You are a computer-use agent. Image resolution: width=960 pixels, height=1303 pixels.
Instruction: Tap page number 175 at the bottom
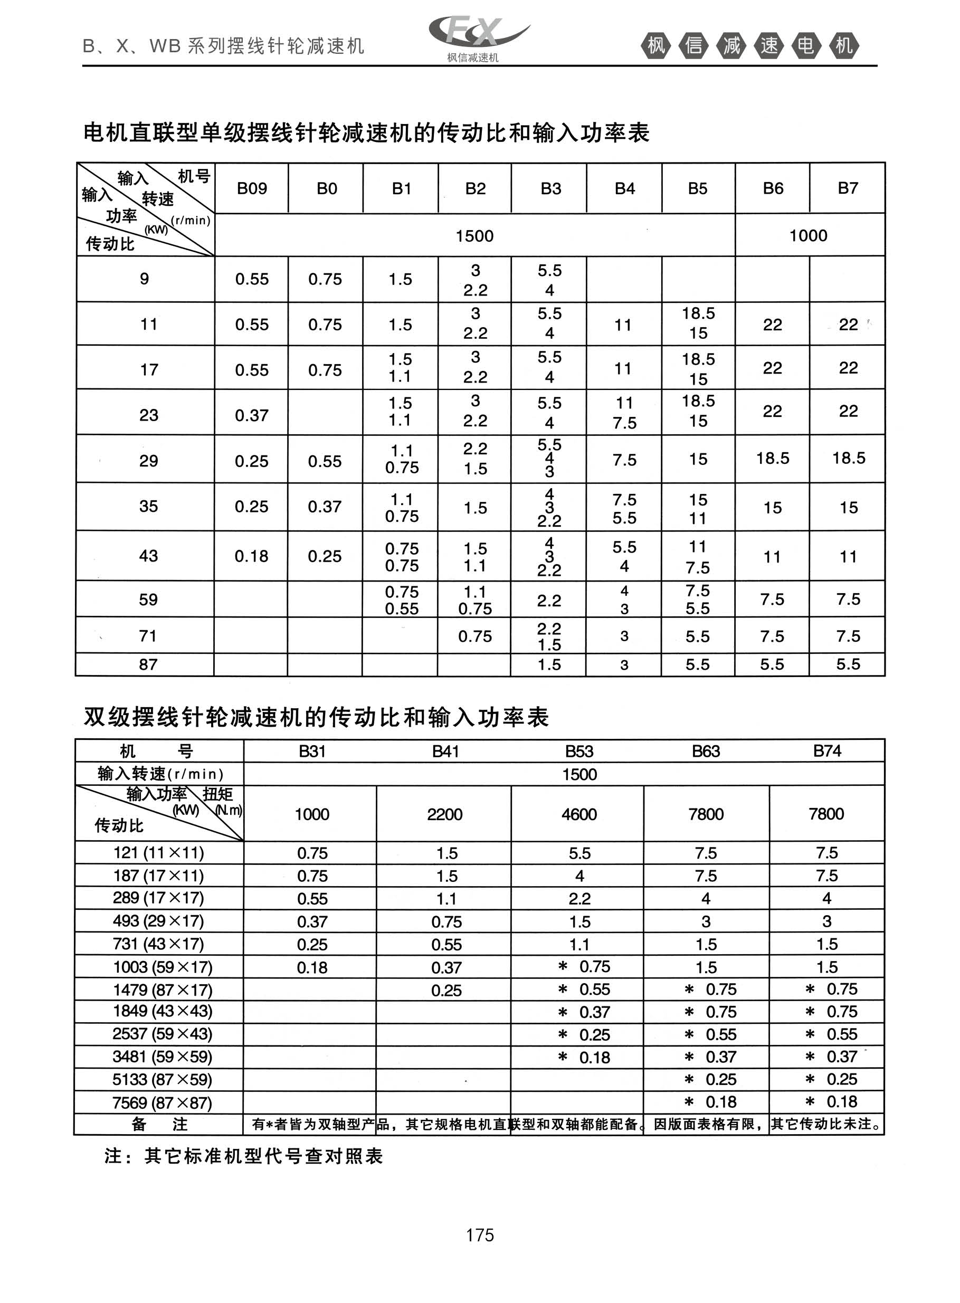coord(479,1234)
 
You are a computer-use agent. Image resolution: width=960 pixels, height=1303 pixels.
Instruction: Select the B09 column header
coord(252,188)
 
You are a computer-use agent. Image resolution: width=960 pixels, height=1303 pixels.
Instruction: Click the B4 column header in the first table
coord(625,188)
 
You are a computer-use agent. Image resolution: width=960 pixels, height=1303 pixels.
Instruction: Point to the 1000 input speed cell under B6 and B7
coord(809,235)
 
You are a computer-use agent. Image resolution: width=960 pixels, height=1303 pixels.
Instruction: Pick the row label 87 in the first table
coord(148,664)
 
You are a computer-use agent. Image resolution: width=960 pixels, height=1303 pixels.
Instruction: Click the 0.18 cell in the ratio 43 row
coord(251,556)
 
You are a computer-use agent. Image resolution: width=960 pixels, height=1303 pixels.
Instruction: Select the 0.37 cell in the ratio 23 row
coord(251,415)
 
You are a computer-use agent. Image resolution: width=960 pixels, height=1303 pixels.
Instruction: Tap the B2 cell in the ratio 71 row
coord(475,636)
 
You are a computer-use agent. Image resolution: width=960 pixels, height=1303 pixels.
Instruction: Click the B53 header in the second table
coord(579,751)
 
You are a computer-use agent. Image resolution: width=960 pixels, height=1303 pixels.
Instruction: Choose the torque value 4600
coord(579,814)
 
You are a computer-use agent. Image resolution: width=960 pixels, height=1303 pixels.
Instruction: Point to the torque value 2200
coord(444,814)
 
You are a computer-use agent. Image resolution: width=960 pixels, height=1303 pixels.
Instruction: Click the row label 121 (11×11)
coord(159,853)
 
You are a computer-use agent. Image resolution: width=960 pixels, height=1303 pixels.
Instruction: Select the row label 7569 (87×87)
coord(162,1102)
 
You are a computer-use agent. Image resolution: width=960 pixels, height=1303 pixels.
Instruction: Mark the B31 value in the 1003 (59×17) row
coord(312,967)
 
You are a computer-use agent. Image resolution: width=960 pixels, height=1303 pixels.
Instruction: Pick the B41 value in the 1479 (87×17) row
coord(446,990)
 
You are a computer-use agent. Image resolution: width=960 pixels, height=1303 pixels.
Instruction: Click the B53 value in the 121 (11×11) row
coord(579,853)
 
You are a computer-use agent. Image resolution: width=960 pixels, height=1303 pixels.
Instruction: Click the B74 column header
coord(827,751)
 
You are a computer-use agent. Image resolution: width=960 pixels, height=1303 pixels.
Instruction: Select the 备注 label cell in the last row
coord(159,1124)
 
